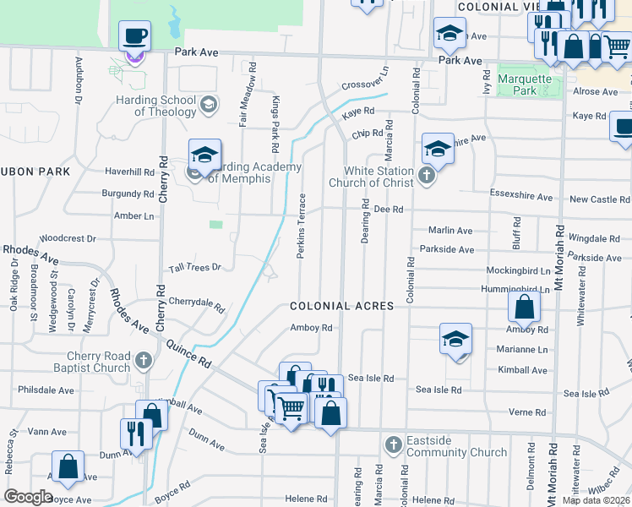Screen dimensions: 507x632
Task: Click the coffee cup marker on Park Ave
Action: (x=134, y=37)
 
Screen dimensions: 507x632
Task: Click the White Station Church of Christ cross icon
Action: (x=428, y=177)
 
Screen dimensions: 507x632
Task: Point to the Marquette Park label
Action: (x=524, y=84)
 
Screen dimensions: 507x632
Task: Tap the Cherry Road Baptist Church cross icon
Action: (x=143, y=362)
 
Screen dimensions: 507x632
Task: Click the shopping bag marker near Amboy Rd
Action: (x=525, y=308)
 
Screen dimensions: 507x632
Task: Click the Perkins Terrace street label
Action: (x=301, y=226)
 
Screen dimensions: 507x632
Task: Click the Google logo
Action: (x=29, y=497)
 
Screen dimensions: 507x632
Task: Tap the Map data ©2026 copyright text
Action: (x=596, y=500)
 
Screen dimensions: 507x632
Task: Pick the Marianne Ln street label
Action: (x=523, y=349)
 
